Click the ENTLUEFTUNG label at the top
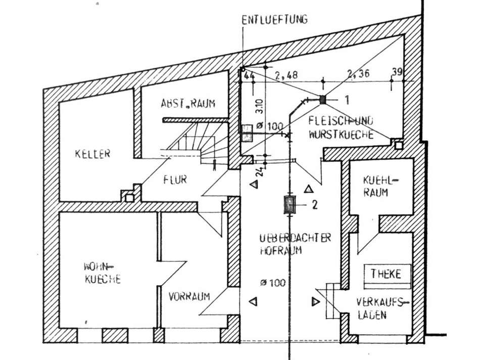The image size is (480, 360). pyautogui.click(x=274, y=20)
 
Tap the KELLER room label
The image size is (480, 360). pyautogui.click(x=92, y=154)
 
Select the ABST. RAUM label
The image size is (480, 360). pyautogui.click(x=187, y=104)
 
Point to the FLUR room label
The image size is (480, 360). pyautogui.click(x=175, y=179)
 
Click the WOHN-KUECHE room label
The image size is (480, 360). pyautogui.click(x=102, y=273)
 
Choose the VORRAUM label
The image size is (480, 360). pyautogui.click(x=189, y=296)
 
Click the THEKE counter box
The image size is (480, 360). pyautogui.click(x=386, y=274)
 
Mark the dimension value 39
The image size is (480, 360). pyautogui.click(x=397, y=73)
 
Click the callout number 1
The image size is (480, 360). pyautogui.click(x=347, y=100)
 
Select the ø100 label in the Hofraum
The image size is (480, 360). pyautogui.click(x=272, y=283)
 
